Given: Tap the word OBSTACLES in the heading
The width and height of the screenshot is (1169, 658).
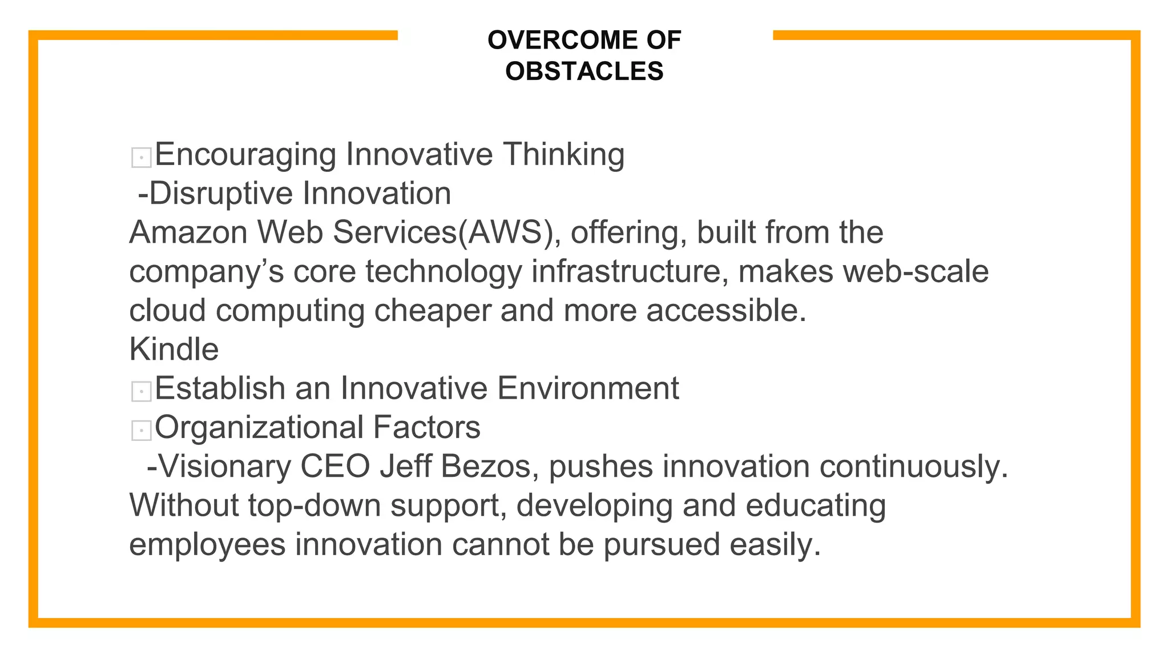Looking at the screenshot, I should [x=584, y=71].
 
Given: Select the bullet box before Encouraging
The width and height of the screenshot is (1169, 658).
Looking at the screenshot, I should [x=141, y=157].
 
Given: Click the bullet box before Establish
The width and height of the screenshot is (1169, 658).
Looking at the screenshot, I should [x=141, y=391].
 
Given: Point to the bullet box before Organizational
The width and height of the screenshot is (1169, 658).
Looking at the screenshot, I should [x=141, y=430].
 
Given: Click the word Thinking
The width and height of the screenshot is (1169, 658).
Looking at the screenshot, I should [x=563, y=154].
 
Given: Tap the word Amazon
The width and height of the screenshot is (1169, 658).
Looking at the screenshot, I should [x=188, y=232].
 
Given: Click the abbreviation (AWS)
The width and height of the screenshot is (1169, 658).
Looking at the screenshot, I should [x=505, y=232].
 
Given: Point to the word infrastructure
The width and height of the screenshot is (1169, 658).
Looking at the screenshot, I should [x=630, y=271].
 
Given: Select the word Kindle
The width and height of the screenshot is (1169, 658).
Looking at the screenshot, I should [x=174, y=349].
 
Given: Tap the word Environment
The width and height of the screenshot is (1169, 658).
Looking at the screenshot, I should [x=588, y=388].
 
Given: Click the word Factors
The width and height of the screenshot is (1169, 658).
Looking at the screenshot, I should [x=426, y=427].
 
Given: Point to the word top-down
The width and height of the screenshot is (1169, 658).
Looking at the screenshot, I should [x=315, y=505].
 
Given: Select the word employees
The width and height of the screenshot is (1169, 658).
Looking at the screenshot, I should [x=207, y=544].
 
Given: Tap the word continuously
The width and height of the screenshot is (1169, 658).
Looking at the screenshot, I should [x=914, y=466].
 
